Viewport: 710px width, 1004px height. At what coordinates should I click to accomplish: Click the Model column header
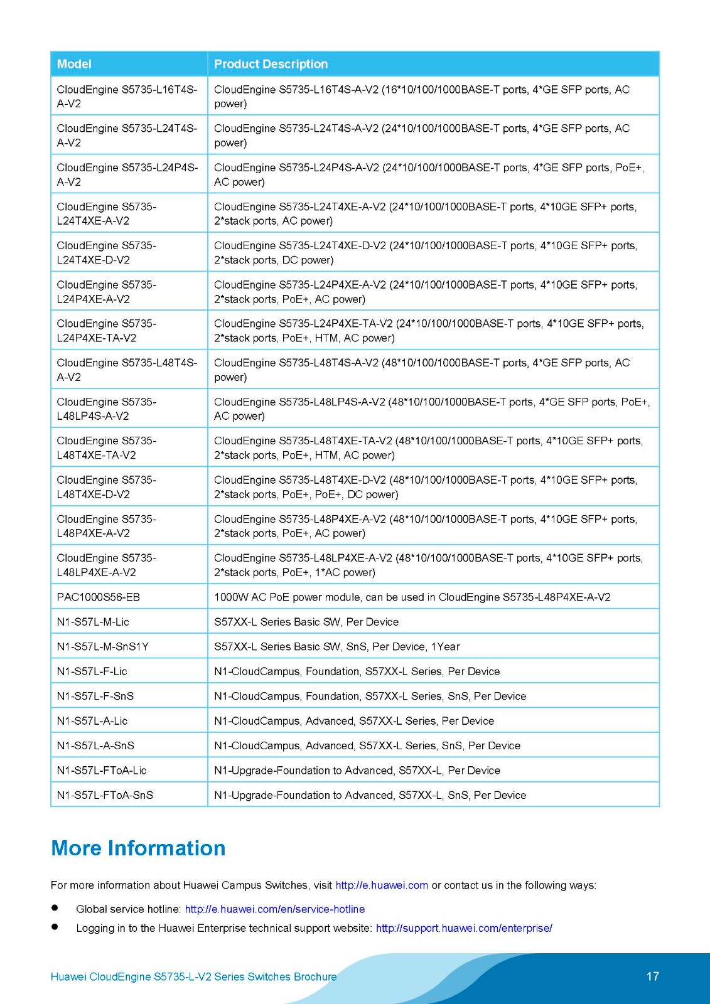74,64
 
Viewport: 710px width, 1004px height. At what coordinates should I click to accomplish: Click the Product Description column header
271,64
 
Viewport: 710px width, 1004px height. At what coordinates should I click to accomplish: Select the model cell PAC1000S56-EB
99,597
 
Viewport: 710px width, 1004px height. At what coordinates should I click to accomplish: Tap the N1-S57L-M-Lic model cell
93,622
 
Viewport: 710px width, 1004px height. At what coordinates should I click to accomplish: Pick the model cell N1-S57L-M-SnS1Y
103,646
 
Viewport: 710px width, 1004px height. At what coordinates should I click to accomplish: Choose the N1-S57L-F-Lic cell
92,671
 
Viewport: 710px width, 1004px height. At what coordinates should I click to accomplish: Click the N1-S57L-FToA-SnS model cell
105,795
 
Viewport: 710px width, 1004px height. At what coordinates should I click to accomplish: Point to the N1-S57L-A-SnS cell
95,745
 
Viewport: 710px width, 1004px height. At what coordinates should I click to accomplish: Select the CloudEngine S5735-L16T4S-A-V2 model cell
127,97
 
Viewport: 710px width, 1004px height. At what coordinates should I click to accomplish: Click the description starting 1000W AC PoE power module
412,597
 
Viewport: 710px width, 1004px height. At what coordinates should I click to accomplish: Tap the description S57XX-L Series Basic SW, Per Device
306,622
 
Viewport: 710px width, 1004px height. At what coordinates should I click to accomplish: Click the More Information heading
138,848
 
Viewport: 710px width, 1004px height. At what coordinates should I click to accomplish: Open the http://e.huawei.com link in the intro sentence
382,885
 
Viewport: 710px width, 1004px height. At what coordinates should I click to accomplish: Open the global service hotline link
274,909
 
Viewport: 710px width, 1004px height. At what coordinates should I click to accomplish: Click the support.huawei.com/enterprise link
464,928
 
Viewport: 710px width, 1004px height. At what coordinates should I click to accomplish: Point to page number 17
652,976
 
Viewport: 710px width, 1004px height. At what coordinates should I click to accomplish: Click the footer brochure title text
193,977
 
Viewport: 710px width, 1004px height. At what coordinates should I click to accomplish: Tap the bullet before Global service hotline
55,908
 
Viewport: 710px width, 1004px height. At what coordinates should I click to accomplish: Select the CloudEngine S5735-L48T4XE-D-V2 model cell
107,487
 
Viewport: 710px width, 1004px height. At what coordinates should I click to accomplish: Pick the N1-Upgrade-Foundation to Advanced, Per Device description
357,771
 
